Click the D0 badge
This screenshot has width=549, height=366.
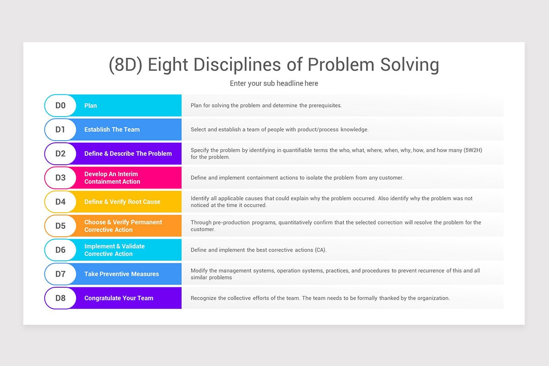(x=60, y=106)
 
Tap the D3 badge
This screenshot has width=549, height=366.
(x=60, y=178)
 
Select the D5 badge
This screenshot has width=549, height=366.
(x=60, y=226)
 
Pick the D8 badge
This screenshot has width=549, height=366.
(x=60, y=298)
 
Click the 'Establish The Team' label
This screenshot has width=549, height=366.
(x=112, y=129)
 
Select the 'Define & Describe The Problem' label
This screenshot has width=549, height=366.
(x=128, y=154)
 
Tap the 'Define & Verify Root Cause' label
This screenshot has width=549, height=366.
(x=122, y=202)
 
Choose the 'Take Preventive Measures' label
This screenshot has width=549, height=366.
(x=121, y=274)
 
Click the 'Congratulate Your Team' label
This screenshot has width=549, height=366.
(x=118, y=298)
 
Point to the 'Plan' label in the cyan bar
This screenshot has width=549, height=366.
(x=91, y=106)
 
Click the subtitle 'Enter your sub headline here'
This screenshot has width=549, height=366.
(x=274, y=83)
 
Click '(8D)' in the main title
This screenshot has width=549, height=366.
(x=125, y=65)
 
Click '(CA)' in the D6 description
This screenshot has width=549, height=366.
(x=320, y=250)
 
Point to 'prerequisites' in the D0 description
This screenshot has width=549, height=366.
(x=325, y=106)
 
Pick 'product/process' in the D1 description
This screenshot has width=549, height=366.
(x=318, y=129)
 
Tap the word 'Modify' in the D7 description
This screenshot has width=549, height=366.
(x=199, y=271)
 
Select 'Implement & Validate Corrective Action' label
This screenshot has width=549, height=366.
(x=114, y=250)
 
